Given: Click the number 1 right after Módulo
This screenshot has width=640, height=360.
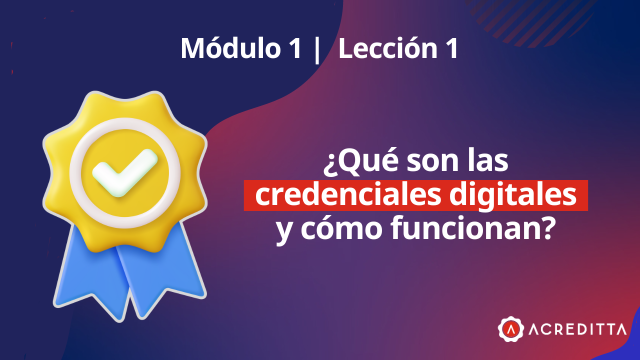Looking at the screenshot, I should pos(295,49).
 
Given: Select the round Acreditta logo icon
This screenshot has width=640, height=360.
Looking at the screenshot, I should pos(510,328).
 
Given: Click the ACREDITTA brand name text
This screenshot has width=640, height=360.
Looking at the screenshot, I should pos(577,329).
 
